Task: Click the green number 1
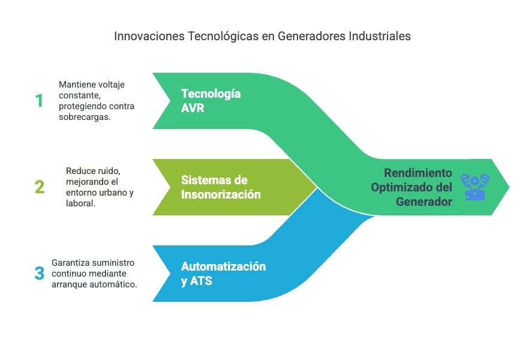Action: (39, 101)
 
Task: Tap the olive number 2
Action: (40, 187)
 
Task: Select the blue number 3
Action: (40, 273)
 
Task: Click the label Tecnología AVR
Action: (211, 101)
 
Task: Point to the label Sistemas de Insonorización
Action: (221, 187)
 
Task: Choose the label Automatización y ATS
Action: (224, 274)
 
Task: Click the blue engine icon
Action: (474, 187)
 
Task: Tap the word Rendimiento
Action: (418, 173)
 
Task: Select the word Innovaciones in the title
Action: (149, 36)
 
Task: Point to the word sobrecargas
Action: (85, 117)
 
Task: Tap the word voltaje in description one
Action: (111, 85)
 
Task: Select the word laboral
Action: (80, 203)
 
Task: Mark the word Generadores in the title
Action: (312, 36)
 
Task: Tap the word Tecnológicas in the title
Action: (223, 36)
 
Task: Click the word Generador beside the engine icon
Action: (424, 202)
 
